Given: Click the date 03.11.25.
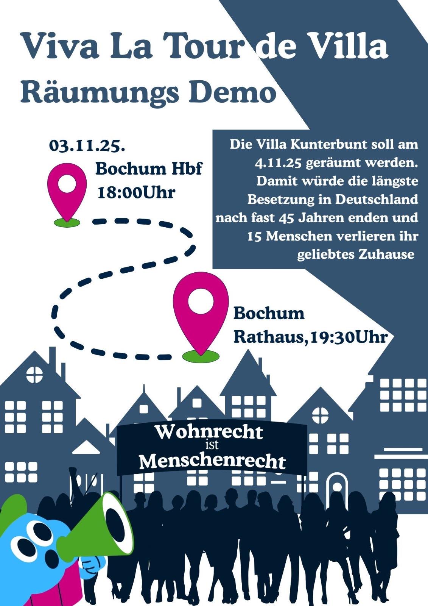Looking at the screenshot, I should point(87,146).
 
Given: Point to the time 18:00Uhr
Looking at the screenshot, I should point(136,192).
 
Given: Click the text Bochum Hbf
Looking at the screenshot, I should point(148,168).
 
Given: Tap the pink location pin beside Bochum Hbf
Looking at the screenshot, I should point(67,187).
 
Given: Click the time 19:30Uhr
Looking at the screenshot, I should point(348,337).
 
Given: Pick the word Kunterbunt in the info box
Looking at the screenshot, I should point(333,145).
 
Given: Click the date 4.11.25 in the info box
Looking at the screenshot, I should point(278,163).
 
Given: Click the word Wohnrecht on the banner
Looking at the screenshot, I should point(209,432).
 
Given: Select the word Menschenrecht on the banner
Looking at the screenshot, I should point(212,461).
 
